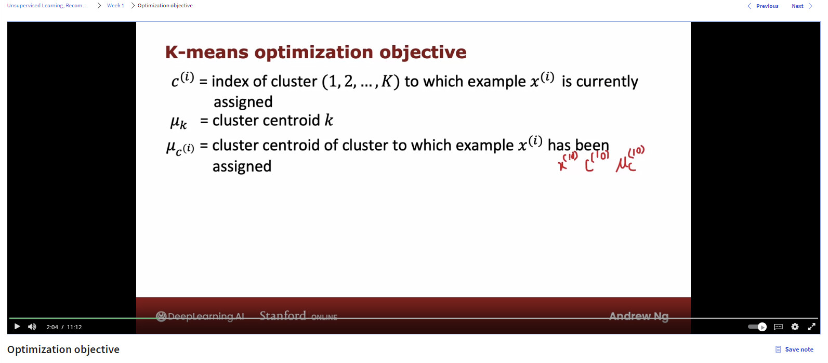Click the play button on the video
click(17, 327)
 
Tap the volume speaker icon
click(32, 327)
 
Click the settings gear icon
click(795, 327)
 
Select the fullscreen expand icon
click(811, 327)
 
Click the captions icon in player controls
click(778, 327)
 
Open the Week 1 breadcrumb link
click(116, 6)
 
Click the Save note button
click(794, 349)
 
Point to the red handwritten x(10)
click(568, 162)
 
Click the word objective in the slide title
click(423, 53)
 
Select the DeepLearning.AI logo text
click(200, 316)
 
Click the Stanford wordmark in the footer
click(283, 316)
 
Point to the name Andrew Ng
click(639, 316)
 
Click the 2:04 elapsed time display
click(52, 327)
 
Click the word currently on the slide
click(607, 82)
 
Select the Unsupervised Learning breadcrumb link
click(47, 6)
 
